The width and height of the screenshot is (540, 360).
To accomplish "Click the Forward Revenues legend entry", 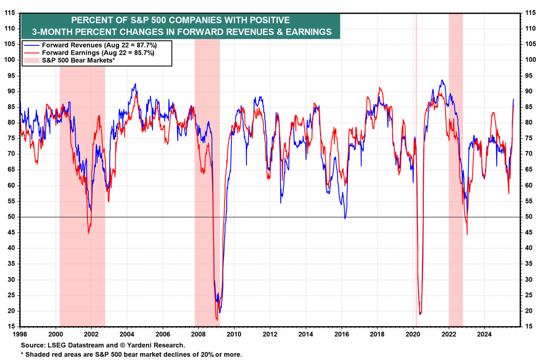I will point(90,45).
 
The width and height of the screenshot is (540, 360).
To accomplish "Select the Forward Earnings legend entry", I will point(89,53).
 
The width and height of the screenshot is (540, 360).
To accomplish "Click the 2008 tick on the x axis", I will point(198,333).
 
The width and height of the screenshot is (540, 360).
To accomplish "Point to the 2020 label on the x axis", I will point(413,333).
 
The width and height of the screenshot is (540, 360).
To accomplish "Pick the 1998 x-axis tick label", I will point(20,333).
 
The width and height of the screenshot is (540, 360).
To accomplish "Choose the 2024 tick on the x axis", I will point(484,333).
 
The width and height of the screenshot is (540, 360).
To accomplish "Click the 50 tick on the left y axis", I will point(10,217).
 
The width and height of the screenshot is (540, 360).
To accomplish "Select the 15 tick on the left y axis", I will point(10,327).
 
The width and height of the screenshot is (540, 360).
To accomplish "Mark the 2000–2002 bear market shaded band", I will point(82,193).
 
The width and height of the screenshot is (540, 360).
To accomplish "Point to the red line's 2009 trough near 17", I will point(217,319).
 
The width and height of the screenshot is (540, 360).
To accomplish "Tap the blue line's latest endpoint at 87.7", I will point(513,99).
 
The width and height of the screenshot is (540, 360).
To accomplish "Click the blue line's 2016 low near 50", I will point(345,218).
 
